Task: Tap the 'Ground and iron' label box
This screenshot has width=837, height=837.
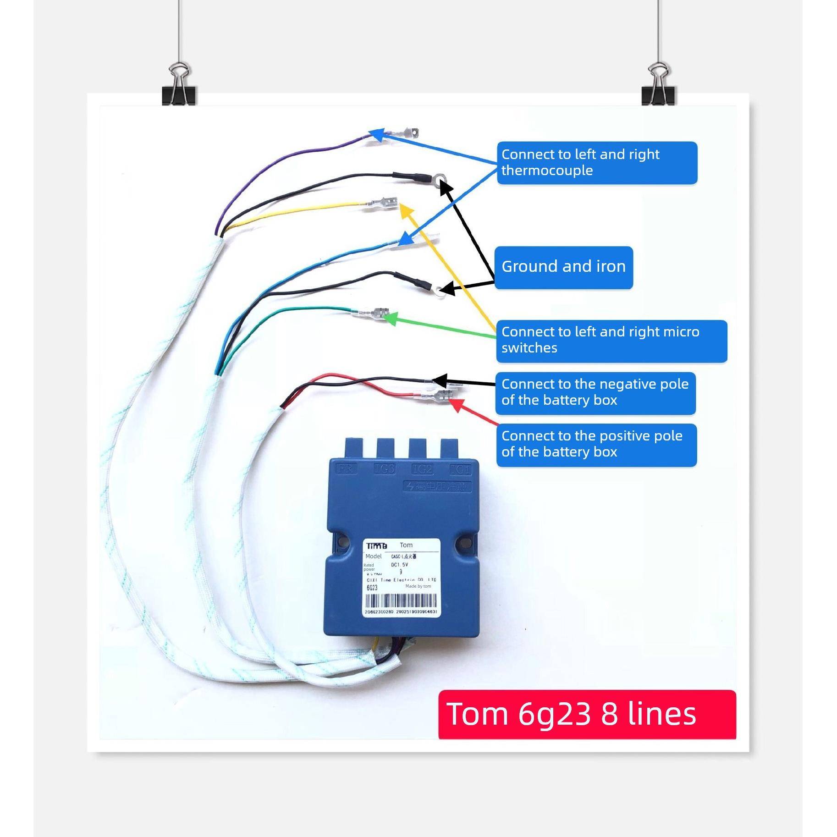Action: (x=563, y=267)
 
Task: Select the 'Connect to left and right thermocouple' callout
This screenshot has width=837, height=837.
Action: (x=596, y=163)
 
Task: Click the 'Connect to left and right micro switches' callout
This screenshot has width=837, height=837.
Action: (x=611, y=341)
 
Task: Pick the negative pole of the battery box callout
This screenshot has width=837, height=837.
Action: (x=595, y=393)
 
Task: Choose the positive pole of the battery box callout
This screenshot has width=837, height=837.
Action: (x=596, y=445)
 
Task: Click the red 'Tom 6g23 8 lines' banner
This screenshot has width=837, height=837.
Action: (x=587, y=714)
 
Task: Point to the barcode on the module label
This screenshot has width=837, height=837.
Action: (x=401, y=600)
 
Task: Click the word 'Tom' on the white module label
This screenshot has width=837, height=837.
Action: (x=406, y=545)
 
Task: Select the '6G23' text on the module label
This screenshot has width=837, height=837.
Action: (x=372, y=588)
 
